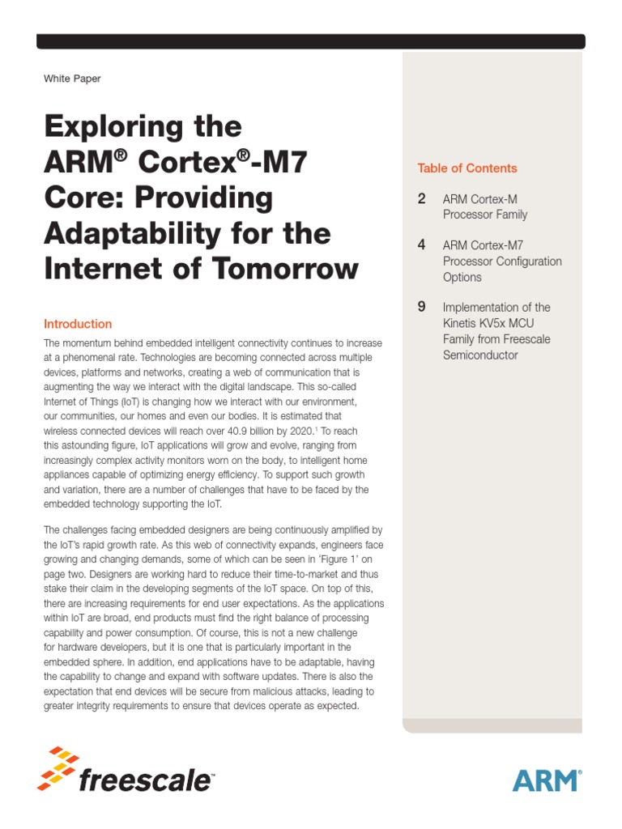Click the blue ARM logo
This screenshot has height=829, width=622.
(x=546, y=780)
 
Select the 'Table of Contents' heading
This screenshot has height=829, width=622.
(x=466, y=168)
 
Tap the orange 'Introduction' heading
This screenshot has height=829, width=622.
(x=78, y=324)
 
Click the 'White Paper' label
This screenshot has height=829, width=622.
(x=72, y=79)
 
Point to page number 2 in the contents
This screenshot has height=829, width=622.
(x=422, y=199)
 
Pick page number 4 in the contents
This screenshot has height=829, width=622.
(x=422, y=244)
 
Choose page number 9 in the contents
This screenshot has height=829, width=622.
(x=422, y=307)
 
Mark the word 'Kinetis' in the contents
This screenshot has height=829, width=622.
(x=459, y=323)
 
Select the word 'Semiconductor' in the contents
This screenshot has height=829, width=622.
(x=480, y=355)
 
